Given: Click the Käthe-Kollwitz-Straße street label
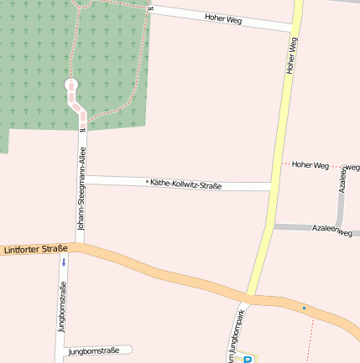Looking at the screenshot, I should click(x=185, y=184).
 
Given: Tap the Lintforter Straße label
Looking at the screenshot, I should click(x=35, y=249).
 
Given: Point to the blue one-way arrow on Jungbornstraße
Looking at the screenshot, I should click(x=64, y=262).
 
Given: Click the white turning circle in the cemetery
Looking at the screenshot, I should click(x=71, y=86).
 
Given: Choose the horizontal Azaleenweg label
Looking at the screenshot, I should click(x=331, y=229).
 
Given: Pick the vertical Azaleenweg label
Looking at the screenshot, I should click(x=342, y=178).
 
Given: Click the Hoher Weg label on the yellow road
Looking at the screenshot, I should click(x=292, y=56).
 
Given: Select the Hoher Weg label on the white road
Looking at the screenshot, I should click(x=222, y=18).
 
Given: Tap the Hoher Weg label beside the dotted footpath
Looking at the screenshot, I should click(x=310, y=165).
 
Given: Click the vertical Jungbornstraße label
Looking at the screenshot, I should click(x=62, y=307).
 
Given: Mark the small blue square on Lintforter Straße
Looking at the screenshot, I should click(x=304, y=308).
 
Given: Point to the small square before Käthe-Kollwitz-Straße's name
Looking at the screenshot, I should click(x=147, y=181).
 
